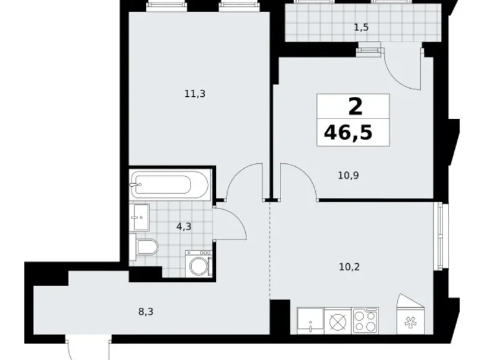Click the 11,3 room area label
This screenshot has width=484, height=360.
coord(194,94)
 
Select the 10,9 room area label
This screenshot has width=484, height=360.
coord(349,175)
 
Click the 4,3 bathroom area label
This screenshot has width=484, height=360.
coord(184,227)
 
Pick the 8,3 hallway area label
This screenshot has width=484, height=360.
coord(145,312)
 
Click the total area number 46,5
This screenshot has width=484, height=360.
coord(348,132)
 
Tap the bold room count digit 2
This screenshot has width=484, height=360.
coord(354,106)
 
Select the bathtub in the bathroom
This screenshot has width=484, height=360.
coord(169,185)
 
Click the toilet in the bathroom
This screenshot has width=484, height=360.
coord(147,248)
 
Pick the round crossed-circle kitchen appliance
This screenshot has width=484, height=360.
coord(337,322)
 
